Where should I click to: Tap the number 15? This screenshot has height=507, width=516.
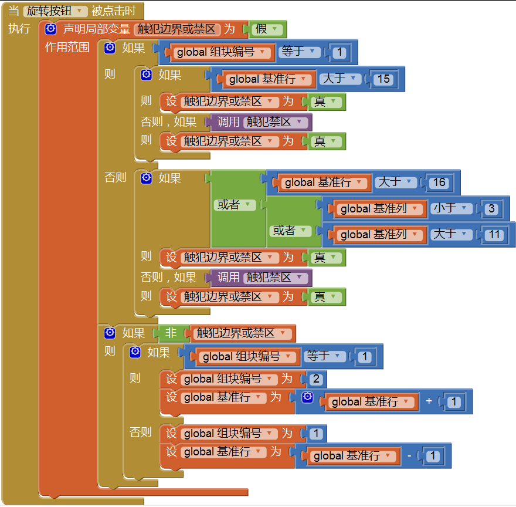coord(383,79)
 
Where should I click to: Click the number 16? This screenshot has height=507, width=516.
coord(439,182)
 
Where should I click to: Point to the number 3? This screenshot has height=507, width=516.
coord(491,209)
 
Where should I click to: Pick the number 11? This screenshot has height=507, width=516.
coord(494,235)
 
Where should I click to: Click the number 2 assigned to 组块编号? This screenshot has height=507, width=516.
coord(317,379)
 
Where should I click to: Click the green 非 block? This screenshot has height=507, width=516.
coord(171,333)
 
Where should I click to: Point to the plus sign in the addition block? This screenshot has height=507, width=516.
coord(429,402)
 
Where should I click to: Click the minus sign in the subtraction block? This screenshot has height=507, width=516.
coord(409,456)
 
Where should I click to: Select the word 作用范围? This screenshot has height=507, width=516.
coord(67,48)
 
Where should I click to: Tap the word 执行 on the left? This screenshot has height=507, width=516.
coord(19,29)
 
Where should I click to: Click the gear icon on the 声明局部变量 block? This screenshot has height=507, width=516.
coord(51,29)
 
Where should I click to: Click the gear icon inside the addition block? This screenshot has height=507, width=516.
coord(307,398)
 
